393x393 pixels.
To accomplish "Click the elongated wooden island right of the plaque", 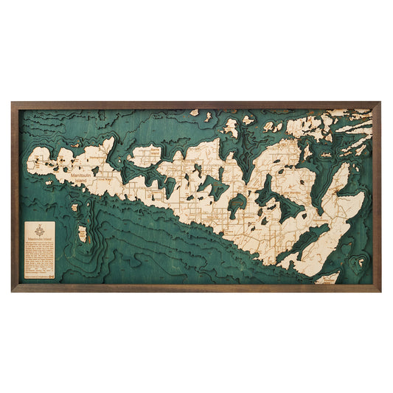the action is tap(82, 234).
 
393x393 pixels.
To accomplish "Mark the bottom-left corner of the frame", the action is tap(13, 290).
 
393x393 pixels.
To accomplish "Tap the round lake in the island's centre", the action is tap(237, 206).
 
